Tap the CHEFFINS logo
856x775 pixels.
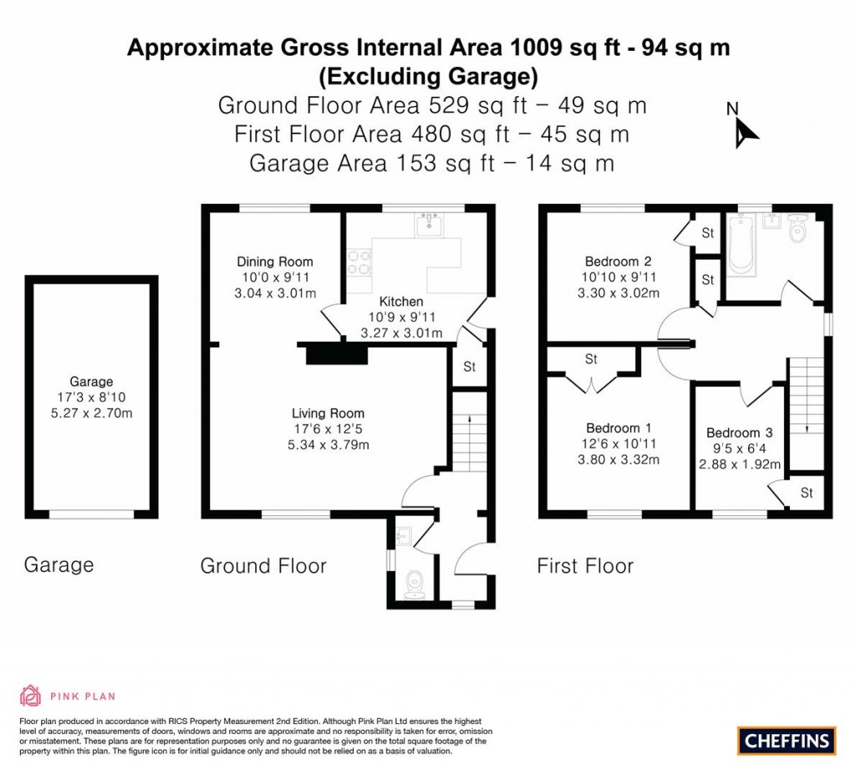coord(787,740)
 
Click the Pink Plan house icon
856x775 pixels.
coord(30,696)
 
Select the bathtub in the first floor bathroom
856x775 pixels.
coord(741,244)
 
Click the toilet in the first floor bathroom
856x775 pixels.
coord(798,230)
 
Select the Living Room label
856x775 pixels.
coord(328,413)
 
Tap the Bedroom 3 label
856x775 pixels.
coord(739,433)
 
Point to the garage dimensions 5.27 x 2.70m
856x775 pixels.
coord(92,413)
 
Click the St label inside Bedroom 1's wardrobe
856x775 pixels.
coord(591,360)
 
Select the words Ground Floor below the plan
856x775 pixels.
coord(263,566)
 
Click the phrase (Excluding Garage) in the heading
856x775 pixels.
coord(427,77)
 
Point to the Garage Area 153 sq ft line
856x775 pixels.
coord(431,163)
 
